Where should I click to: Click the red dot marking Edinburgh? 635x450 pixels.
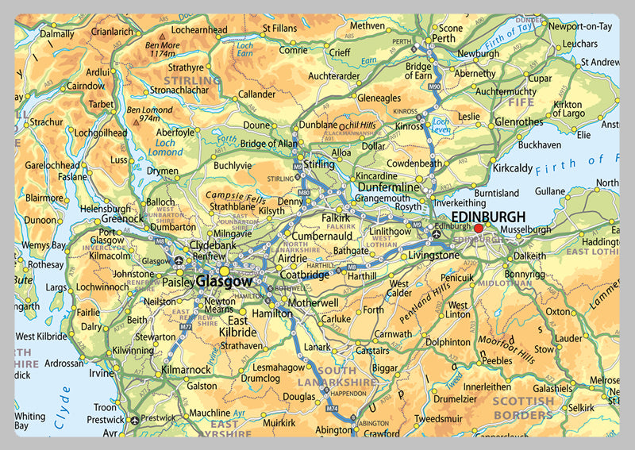[478, 229]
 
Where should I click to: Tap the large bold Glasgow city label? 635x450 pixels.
[224, 281]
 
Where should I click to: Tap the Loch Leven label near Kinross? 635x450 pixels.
[441, 127]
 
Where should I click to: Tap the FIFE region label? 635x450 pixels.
[521, 103]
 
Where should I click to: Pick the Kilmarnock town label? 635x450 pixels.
[185, 370]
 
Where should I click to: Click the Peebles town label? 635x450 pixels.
[498, 360]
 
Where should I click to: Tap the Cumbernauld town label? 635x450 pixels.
[299, 237]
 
